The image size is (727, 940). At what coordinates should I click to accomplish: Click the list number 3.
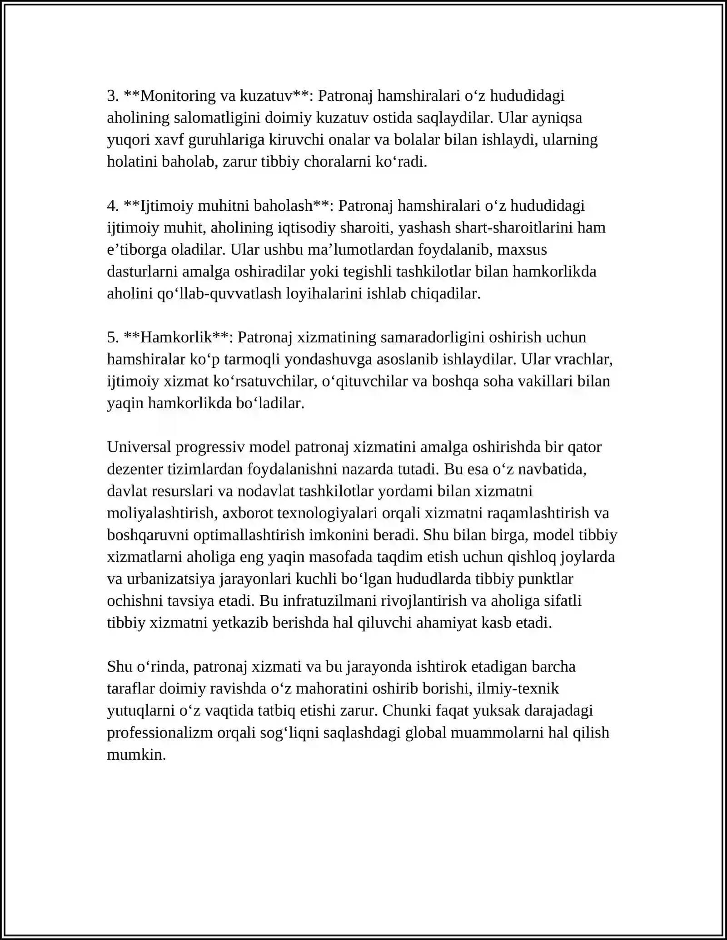click(113, 96)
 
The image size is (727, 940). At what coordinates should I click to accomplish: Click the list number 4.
click(113, 206)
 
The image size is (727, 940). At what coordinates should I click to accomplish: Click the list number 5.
click(113, 337)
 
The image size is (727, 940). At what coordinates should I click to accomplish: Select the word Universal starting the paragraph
click(139, 447)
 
